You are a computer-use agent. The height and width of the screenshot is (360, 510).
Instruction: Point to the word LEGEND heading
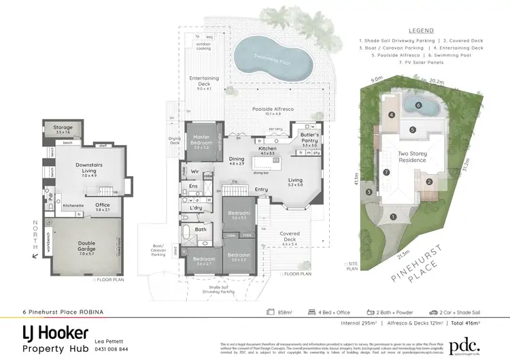[x=421, y=31]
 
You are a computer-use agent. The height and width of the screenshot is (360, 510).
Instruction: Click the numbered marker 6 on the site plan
[x=418, y=105]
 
